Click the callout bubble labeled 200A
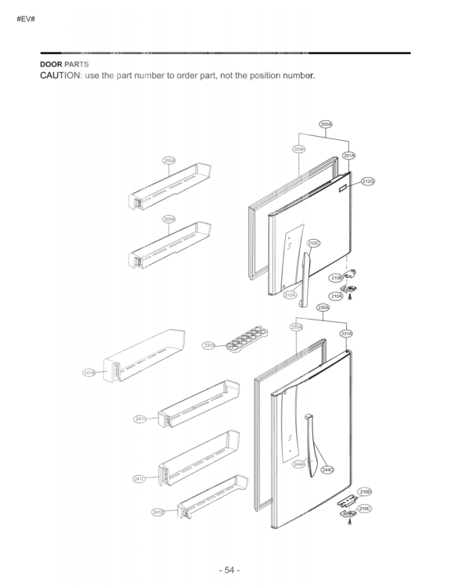[x=326, y=124]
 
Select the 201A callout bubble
[x=349, y=156]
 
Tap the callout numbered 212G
[x=368, y=182]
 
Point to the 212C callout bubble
[x=313, y=243]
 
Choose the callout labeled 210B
[x=337, y=277]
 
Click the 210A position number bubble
[x=337, y=296]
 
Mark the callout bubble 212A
[x=290, y=295]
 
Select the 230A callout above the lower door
[x=323, y=308]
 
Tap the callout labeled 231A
[x=348, y=334]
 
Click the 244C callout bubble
[x=328, y=470]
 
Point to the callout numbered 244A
[x=298, y=464]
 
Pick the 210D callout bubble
[x=365, y=491]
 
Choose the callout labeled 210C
[x=364, y=509]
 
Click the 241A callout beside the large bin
[x=89, y=373]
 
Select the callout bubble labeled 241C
[x=139, y=478]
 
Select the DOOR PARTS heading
[x=65, y=63]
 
